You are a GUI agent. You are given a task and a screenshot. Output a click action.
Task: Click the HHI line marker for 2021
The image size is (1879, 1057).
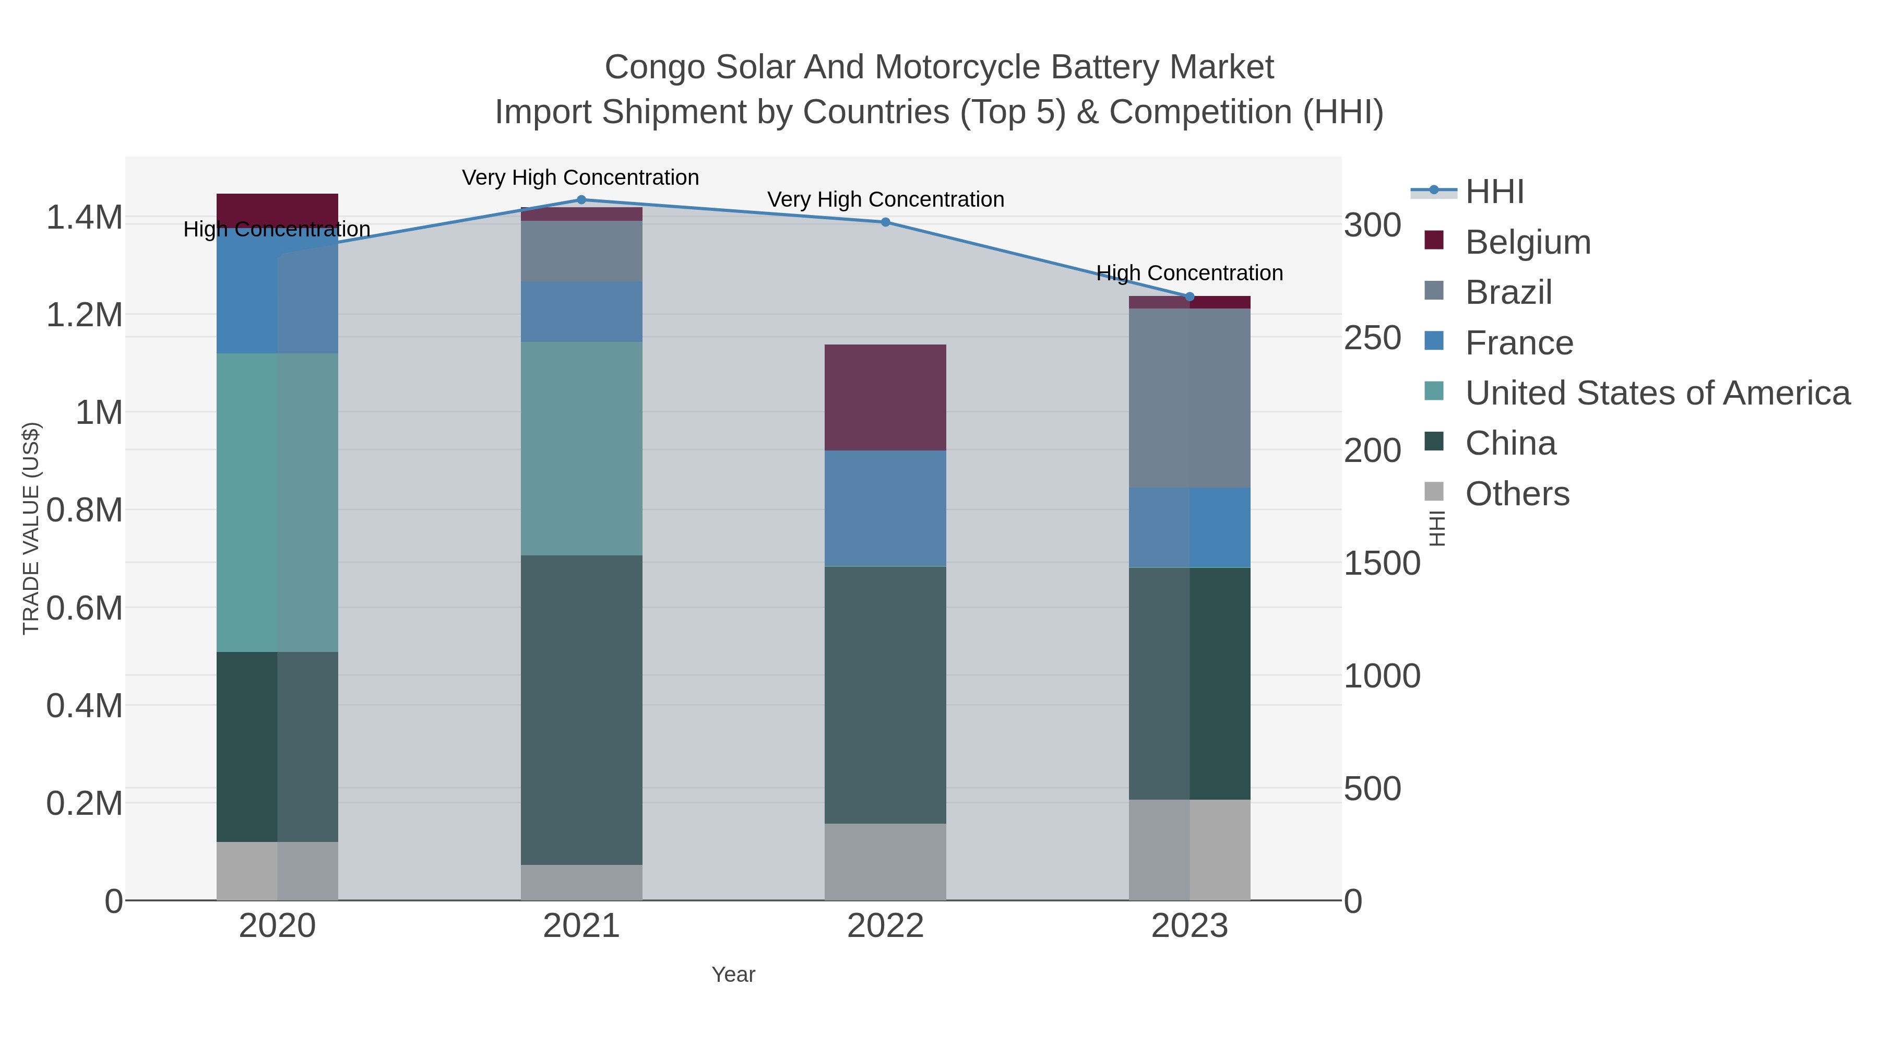tap(581, 200)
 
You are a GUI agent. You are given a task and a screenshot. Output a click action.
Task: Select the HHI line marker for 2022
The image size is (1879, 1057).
tap(886, 222)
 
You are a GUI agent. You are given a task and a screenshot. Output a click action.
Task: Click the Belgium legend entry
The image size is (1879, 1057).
tap(1527, 242)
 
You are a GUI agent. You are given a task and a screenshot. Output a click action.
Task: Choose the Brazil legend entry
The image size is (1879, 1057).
tap(1508, 292)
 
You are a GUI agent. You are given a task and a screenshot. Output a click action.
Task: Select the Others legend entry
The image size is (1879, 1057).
tap(1516, 494)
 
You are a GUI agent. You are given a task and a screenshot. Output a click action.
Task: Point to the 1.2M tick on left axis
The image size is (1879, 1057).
tap(85, 315)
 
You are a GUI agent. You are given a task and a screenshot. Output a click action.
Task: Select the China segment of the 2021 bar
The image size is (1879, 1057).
tap(581, 710)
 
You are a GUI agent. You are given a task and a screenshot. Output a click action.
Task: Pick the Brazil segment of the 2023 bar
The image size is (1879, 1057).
tap(1190, 398)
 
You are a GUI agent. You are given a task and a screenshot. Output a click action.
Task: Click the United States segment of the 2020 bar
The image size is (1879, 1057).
tap(277, 503)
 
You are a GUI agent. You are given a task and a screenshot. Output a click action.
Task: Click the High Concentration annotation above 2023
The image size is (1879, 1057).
tap(1189, 273)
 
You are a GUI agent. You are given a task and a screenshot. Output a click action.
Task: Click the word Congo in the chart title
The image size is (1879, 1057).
tap(655, 67)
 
